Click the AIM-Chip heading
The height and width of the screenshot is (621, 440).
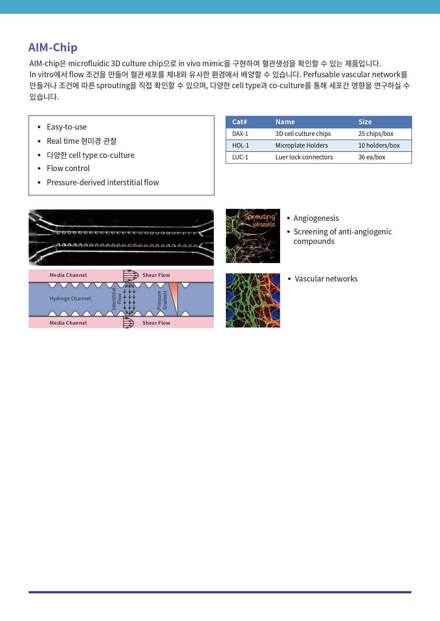(x=53, y=47)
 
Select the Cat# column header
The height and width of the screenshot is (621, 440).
(x=240, y=122)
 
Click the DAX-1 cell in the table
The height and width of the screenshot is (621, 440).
(x=240, y=134)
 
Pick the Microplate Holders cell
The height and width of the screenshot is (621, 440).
(x=302, y=146)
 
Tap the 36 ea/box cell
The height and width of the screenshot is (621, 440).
(x=372, y=157)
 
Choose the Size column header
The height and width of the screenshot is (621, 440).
(x=365, y=122)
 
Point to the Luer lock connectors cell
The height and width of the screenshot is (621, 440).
(x=304, y=157)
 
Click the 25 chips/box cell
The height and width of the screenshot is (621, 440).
(x=376, y=134)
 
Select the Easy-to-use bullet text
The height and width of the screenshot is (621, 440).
(x=67, y=127)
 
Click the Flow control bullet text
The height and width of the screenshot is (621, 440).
(x=68, y=168)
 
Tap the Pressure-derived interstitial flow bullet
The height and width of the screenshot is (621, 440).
(x=103, y=182)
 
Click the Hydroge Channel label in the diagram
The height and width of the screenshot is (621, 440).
(x=70, y=298)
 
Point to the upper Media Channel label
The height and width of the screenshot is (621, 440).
(x=68, y=275)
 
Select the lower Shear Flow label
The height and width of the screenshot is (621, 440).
(x=156, y=323)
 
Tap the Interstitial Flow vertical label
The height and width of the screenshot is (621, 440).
(x=117, y=298)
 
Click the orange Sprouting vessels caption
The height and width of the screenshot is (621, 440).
(x=260, y=220)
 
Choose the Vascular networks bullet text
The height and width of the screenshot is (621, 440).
(x=326, y=279)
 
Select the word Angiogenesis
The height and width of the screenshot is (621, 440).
(x=316, y=218)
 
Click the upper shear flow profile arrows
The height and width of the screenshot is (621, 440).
(x=131, y=275)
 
